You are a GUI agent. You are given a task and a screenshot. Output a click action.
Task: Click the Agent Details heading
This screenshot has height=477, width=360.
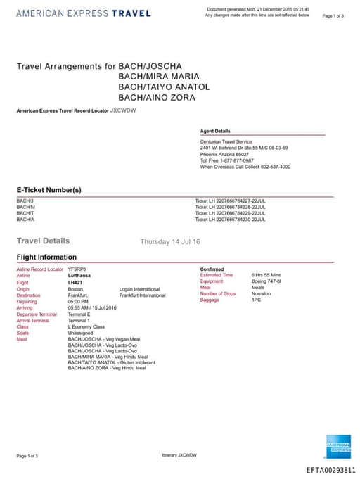tap(215, 131)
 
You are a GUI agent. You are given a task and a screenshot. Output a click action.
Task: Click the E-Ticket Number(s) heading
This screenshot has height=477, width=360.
tap(49, 190)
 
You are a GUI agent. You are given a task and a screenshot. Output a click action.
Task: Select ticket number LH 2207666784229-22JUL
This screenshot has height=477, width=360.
tap(230, 213)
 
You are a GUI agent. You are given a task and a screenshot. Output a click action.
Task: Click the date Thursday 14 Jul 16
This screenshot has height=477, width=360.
tap(170, 241)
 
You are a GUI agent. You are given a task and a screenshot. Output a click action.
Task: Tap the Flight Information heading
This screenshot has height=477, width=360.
tap(46, 257)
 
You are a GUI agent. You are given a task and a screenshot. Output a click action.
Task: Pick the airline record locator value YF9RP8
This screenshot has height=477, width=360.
tap(76, 269)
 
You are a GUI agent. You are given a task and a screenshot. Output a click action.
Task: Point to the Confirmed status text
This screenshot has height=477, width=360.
tap(212, 269)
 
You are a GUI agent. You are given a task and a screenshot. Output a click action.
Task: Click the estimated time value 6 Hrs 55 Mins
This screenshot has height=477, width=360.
tap(266, 275)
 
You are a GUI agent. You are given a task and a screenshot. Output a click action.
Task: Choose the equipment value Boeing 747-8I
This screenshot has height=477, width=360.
tap(266, 281)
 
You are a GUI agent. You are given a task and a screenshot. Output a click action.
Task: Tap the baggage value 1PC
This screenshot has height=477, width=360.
tap(256, 300)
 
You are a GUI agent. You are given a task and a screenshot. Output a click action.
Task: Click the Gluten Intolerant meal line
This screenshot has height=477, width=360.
tap(111, 362)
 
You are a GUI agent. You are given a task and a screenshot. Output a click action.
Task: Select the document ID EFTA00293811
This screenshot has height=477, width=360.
tap(331, 470)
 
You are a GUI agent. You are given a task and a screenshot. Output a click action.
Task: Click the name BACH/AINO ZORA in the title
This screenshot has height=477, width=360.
tap(157, 97)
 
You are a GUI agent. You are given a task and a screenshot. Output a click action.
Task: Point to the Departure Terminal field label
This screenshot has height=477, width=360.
tap(37, 314)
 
